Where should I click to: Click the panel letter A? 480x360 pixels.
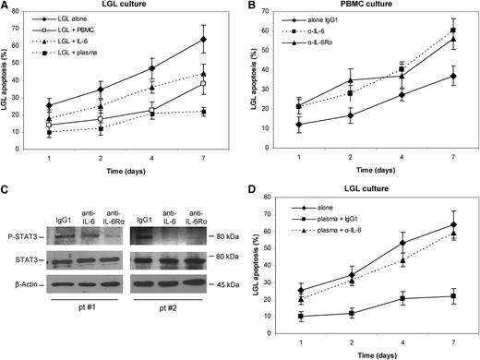point(7,7)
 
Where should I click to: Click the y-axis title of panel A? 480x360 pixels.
point(9,85)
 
